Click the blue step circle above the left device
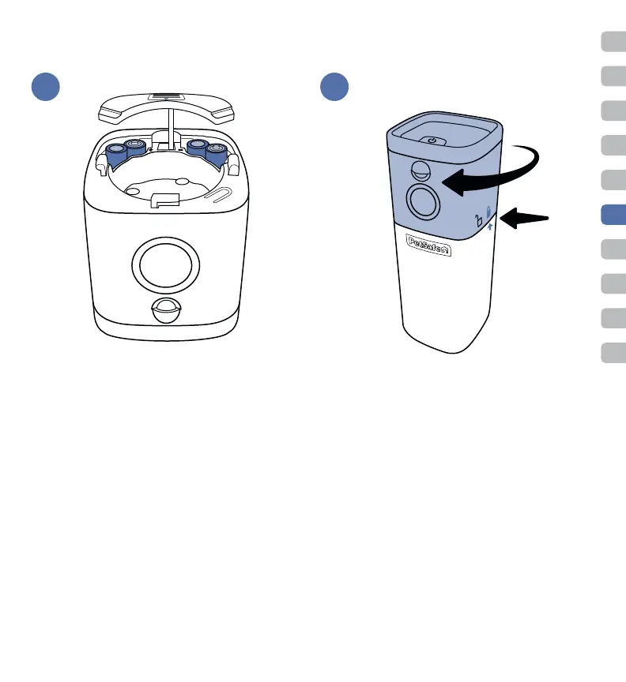coord(46,86)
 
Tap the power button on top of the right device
coord(432,140)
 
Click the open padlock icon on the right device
coord(477,220)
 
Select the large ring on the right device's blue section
coord(425,202)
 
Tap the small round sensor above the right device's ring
coord(421,171)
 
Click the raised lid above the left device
coord(165,106)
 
